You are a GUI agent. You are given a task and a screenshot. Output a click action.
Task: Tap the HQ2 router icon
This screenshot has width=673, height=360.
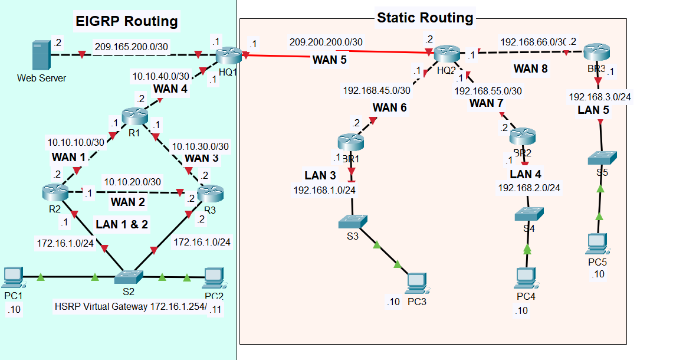[x=447, y=54]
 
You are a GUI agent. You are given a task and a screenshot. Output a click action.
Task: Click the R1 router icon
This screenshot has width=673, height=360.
[x=134, y=115]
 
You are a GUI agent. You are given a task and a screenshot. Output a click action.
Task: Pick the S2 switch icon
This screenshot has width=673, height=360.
[x=129, y=276]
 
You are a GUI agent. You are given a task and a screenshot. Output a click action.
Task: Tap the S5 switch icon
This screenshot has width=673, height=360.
[x=602, y=158]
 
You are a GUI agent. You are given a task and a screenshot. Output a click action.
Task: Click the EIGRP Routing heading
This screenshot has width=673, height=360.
[x=127, y=22]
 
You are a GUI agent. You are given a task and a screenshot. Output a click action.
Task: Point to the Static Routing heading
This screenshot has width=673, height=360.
[x=425, y=18]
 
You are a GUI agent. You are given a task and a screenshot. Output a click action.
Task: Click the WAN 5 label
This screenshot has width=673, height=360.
[x=329, y=60]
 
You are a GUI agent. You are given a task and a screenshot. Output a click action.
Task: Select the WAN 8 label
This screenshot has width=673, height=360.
[x=530, y=68]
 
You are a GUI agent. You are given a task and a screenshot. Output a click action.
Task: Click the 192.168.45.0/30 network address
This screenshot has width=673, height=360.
[x=376, y=90]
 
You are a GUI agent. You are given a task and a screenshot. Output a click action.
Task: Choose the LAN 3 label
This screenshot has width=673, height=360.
[x=320, y=175]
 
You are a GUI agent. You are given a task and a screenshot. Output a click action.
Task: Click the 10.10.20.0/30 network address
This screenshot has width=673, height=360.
[x=132, y=182]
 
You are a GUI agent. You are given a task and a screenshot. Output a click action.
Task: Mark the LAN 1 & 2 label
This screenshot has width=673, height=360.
[x=123, y=224]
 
